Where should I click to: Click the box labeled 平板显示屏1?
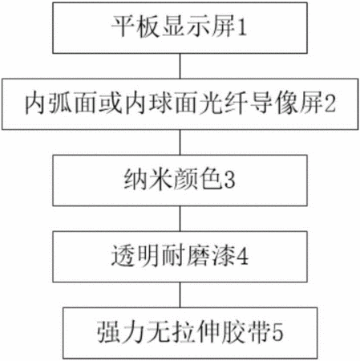[180, 28]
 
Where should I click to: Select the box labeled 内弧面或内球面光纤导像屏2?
[180, 104]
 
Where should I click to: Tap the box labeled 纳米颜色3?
[180, 180]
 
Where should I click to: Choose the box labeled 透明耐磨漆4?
[180, 257]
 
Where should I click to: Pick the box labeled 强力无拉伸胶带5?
[190, 333]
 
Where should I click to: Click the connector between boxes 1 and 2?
[180, 66]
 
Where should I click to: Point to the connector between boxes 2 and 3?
[180, 143]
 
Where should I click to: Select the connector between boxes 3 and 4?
[180, 219]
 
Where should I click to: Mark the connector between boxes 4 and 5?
[180, 295]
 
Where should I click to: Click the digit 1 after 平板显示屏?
[242, 28]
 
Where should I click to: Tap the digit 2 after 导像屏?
[330, 104]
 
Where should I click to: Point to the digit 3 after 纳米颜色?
[229, 180]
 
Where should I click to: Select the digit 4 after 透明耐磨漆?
[242, 257]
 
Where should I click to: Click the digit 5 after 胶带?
[277, 333]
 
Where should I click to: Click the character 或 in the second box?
[111, 103]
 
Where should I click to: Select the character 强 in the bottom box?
[108, 331]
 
